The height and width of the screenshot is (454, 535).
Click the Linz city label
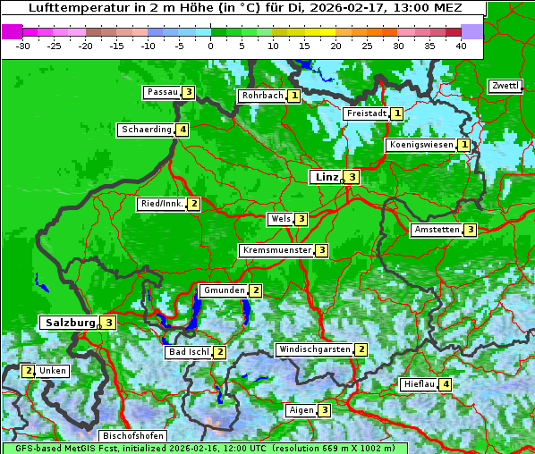coord(327,177)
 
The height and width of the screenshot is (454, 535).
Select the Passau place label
coord(163,92)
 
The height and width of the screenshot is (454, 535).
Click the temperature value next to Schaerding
coord(183,130)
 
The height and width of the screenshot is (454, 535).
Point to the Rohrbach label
coord(262,96)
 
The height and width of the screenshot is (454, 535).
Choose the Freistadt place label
coord(367,113)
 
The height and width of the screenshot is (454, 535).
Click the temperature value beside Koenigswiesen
coord(463,145)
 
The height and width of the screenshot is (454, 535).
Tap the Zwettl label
coord(505,86)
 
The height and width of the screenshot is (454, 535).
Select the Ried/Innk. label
coord(162,204)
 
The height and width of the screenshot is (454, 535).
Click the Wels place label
coord(281,219)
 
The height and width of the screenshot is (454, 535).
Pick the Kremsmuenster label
coord(276,250)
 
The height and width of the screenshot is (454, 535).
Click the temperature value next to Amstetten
coord(470,230)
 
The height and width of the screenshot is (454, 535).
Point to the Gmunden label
coord(224,290)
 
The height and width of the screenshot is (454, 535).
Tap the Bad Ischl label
coord(189,352)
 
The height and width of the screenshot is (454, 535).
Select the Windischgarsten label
coord(314,349)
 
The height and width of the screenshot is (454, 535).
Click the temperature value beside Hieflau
coord(445,384)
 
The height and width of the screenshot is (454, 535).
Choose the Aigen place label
coord(301,410)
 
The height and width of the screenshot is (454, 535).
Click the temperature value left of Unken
coord(28,371)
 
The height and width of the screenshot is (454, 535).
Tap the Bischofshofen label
coord(132,436)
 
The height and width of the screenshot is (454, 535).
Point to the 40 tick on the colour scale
coord(461,46)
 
